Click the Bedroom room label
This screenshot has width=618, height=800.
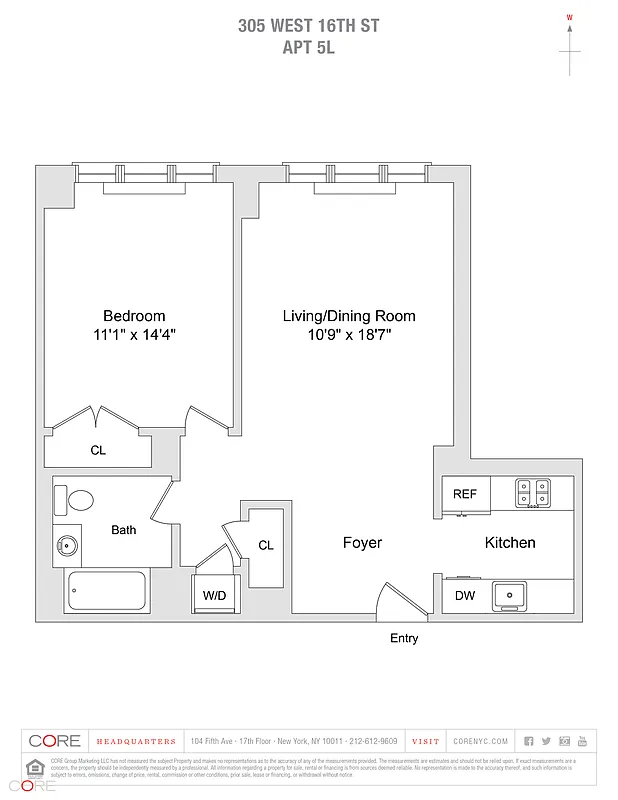[133, 316]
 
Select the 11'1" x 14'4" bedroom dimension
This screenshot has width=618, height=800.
[133, 335]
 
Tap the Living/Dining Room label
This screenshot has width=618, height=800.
[348, 316]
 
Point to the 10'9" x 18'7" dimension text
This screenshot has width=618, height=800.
[349, 335]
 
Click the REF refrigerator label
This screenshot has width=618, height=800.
[464, 494]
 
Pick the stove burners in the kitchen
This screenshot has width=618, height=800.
[532, 493]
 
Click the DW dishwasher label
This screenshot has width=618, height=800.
[465, 596]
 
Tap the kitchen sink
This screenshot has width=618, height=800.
[513, 595]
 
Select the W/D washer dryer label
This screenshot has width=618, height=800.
[214, 596]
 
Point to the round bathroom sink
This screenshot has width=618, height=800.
[68, 546]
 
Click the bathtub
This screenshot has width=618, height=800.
[106, 591]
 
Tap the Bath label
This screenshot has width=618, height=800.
[124, 530]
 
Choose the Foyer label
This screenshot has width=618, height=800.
[362, 543]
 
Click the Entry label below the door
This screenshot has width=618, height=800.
[404, 638]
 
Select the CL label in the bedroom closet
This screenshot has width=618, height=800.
[98, 451]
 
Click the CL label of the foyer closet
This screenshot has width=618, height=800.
[266, 545]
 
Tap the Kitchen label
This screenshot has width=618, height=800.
[510, 543]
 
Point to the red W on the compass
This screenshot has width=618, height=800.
[570, 17]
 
